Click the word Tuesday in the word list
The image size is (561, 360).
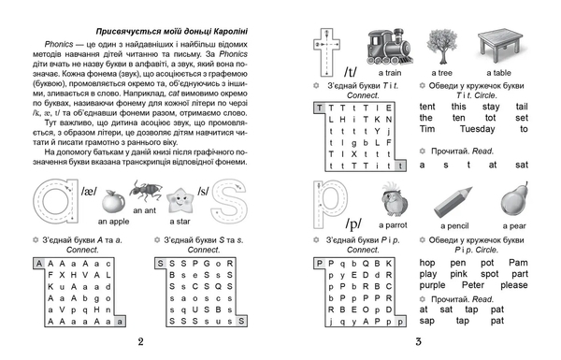click(x=473, y=129)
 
